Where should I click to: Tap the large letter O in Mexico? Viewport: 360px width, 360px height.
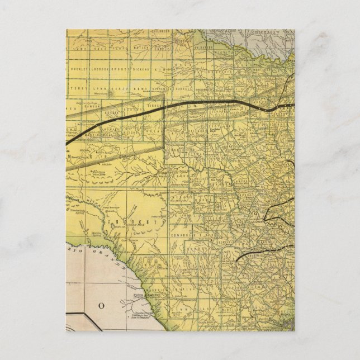[102, 305]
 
